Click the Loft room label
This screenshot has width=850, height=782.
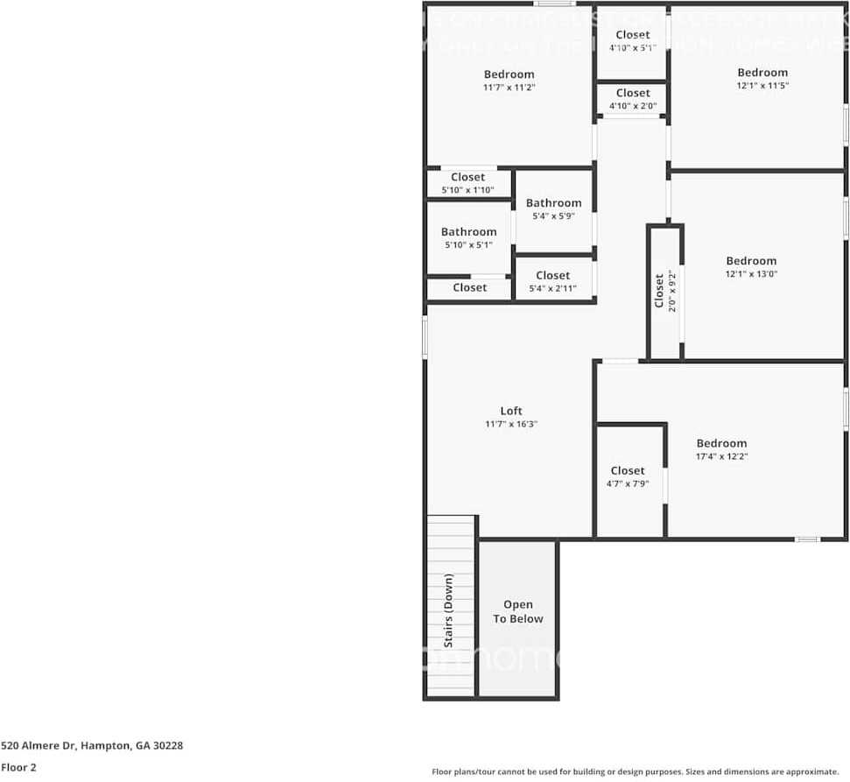pyautogui.click(x=511, y=411)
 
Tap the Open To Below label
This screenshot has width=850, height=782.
pyautogui.click(x=517, y=611)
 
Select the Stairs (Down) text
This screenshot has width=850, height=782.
pyautogui.click(x=449, y=610)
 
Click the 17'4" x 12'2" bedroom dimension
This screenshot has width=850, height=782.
pyautogui.click(x=721, y=456)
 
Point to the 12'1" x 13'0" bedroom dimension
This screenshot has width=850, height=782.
pyautogui.click(x=750, y=274)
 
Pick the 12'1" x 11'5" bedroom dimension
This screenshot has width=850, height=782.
pyautogui.click(x=762, y=86)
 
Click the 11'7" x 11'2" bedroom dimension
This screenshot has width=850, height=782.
pyautogui.click(x=509, y=88)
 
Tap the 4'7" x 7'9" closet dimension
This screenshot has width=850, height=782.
pyautogui.click(x=628, y=483)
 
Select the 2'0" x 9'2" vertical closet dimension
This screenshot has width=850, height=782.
pyautogui.click(x=672, y=292)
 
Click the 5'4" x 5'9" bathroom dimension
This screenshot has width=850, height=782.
pyautogui.click(x=553, y=216)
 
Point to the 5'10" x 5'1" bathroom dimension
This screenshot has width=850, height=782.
pyautogui.click(x=468, y=245)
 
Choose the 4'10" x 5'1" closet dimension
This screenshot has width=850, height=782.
pyautogui.click(x=632, y=48)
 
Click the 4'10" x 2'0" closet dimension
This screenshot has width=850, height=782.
pyautogui.click(x=632, y=106)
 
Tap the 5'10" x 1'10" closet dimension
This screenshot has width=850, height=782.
pyautogui.click(x=468, y=190)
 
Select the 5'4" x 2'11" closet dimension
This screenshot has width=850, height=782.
pyautogui.click(x=552, y=288)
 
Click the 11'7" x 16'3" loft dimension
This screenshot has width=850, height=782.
pyautogui.click(x=511, y=424)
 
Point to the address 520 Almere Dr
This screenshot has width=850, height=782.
pyautogui.click(x=92, y=746)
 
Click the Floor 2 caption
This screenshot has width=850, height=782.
pyautogui.click(x=18, y=767)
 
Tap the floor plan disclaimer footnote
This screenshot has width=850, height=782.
pyautogui.click(x=636, y=771)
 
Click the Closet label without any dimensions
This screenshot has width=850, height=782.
pyautogui.click(x=469, y=287)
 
